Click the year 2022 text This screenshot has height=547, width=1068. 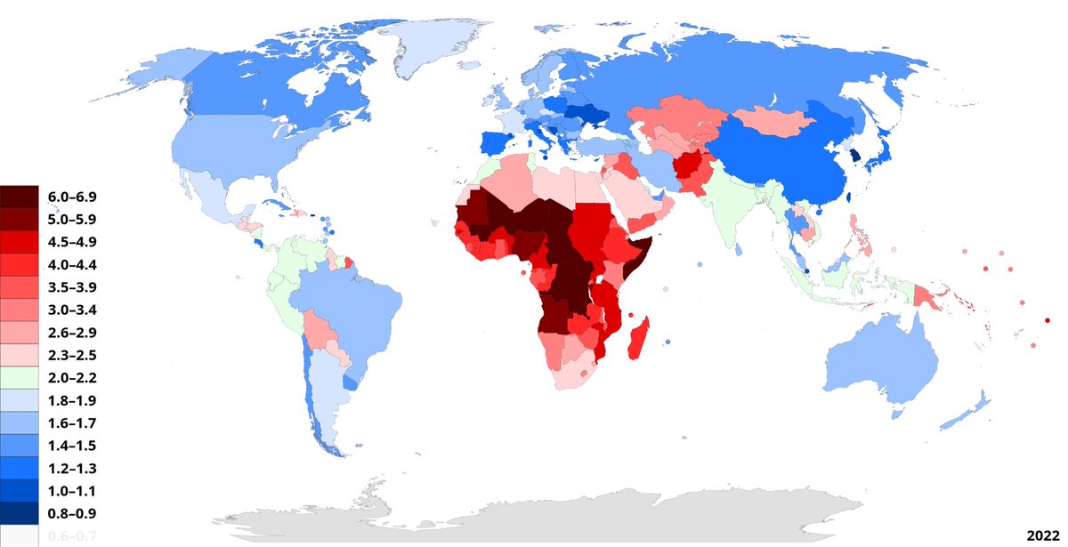tap(1042, 535)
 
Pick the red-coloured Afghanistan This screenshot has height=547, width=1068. tap(685, 167)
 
